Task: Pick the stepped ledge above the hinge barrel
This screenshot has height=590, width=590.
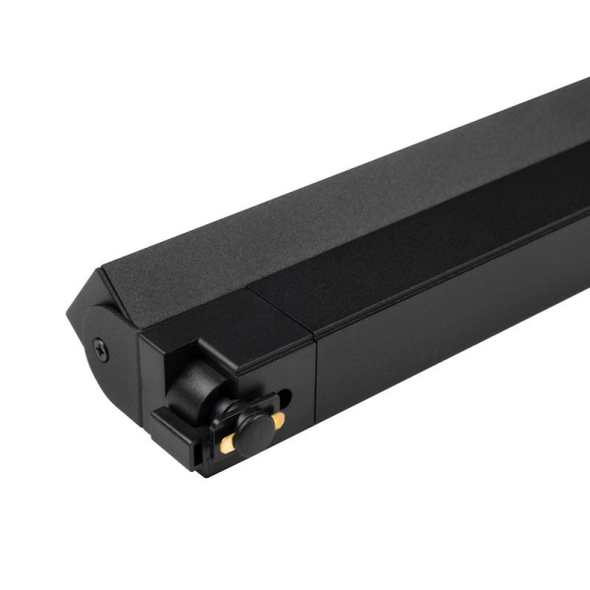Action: [211, 354]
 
